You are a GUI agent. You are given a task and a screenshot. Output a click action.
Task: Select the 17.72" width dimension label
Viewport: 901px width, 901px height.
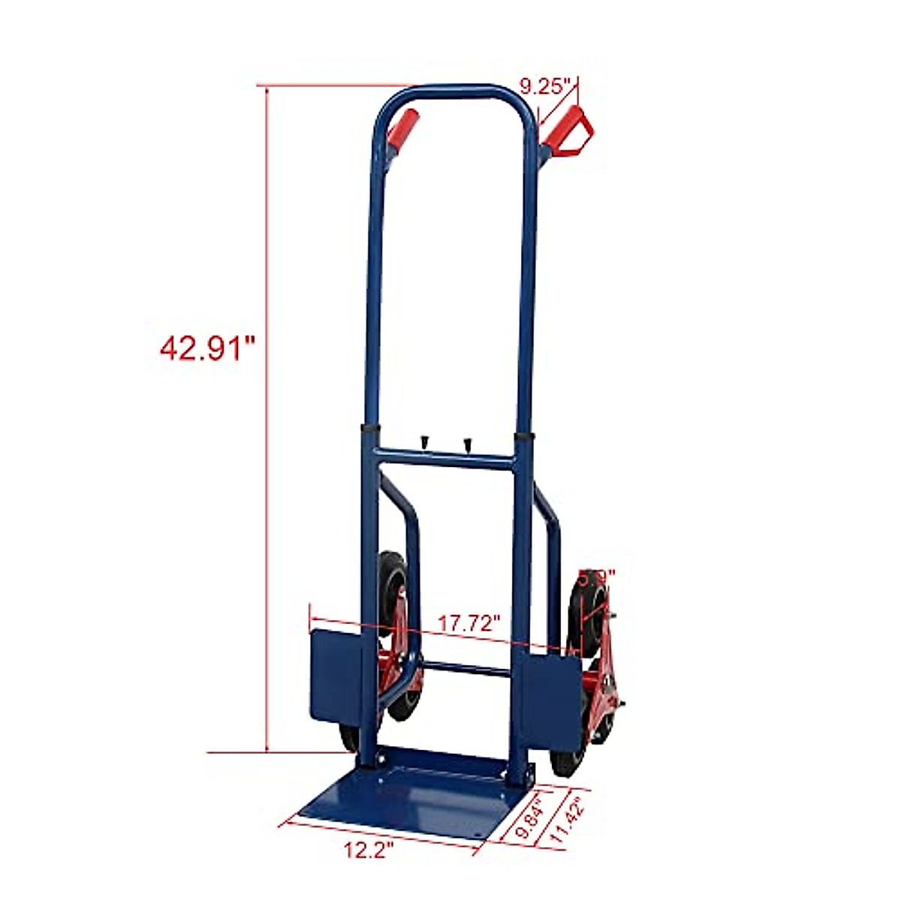click(x=469, y=622)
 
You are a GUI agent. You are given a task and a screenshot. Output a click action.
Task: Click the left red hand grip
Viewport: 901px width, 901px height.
click(x=401, y=130)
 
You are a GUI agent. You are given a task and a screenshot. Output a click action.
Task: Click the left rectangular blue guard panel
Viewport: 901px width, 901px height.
click(x=336, y=675)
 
